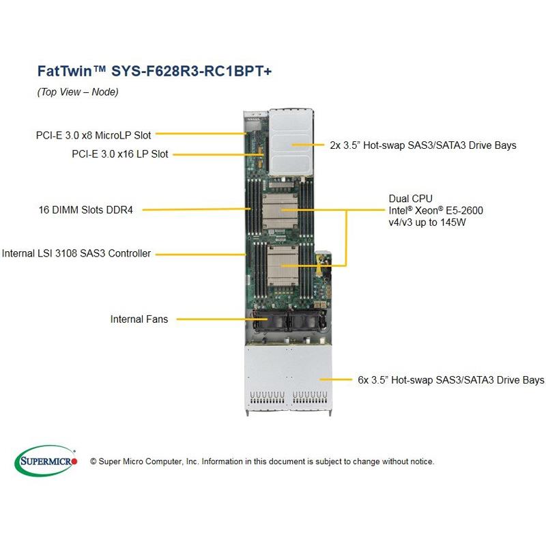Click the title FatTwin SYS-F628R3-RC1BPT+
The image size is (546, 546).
coord(154,71)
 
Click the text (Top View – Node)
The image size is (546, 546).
coord(78,92)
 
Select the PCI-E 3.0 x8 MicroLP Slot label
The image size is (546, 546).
coord(94,135)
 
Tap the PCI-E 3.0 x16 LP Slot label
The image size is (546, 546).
coord(119,154)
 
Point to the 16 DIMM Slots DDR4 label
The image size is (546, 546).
coord(85,210)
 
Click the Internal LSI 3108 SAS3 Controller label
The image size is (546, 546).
coord(76,253)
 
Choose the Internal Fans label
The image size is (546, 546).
coord(139,319)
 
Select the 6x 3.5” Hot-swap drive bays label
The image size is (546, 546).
coord(442,379)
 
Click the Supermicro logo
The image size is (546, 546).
coord(46,462)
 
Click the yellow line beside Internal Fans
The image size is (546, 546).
coord(212,319)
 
